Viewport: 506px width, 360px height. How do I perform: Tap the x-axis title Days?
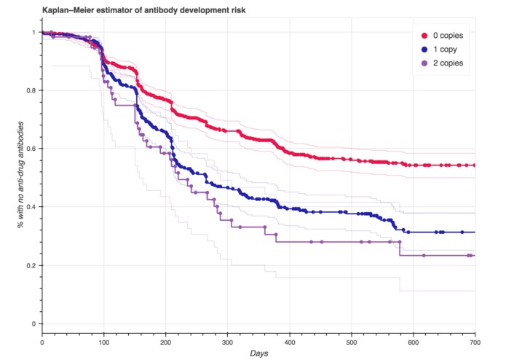(259, 353)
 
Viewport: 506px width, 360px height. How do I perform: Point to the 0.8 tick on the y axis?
(31, 90)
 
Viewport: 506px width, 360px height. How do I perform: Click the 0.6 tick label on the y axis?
(31, 149)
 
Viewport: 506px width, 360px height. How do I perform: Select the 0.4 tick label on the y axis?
(31, 207)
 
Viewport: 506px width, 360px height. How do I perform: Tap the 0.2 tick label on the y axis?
(31, 265)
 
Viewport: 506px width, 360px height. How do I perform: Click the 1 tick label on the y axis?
(33, 32)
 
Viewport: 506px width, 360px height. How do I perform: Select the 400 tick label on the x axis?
(289, 340)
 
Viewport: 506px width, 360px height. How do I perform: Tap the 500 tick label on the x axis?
(351, 340)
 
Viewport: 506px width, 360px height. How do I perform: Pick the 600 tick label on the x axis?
(413, 340)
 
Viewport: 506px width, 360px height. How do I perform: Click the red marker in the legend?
(424, 35)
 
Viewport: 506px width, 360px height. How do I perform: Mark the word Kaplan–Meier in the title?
(49, 9)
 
